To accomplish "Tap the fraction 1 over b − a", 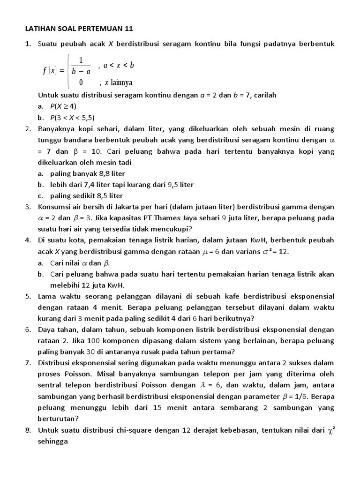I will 81,66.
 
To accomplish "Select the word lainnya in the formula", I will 121,82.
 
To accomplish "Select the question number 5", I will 28,297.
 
